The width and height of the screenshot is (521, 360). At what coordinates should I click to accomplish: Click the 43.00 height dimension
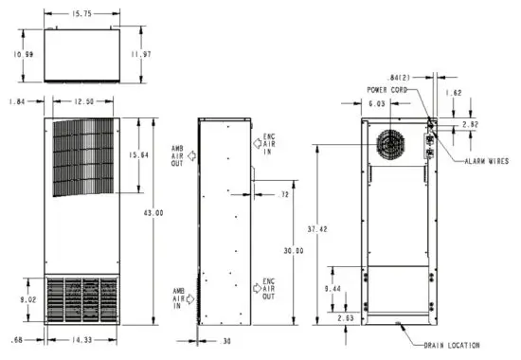[x=153, y=213]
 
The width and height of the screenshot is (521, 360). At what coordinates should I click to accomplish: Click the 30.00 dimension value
[x=294, y=250]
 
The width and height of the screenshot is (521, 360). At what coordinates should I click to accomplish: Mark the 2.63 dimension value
[x=346, y=319]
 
